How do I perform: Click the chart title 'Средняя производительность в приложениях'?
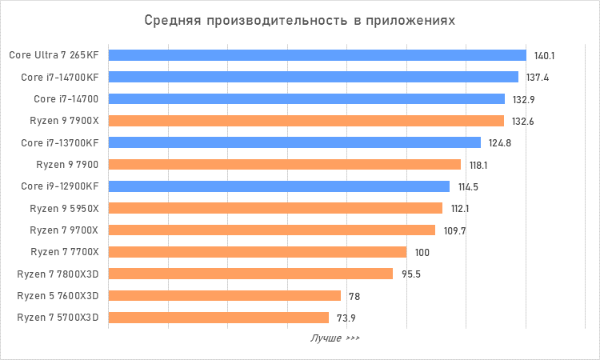coord(300,20)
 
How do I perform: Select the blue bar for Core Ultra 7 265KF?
coord(317,55)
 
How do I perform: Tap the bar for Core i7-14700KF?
coord(313,77)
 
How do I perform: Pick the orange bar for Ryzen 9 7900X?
coord(306,121)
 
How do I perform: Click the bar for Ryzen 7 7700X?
coord(257,252)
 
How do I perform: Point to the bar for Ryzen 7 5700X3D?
coord(218,318)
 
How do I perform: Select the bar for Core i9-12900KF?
coord(278,186)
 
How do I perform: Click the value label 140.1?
coord(545,56)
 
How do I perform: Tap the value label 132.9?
coord(523,99)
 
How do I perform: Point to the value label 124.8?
coord(499,143)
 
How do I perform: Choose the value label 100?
coord(422,253)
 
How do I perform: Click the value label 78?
coord(354,297)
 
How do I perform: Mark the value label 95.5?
coord(411,274)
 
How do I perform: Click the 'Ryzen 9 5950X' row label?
coord(64,209)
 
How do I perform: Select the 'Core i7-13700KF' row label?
coord(60,143)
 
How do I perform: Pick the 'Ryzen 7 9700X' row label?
coord(64,230)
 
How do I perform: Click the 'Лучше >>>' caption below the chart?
coord(334,338)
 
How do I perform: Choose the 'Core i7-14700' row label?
coord(66,99)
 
